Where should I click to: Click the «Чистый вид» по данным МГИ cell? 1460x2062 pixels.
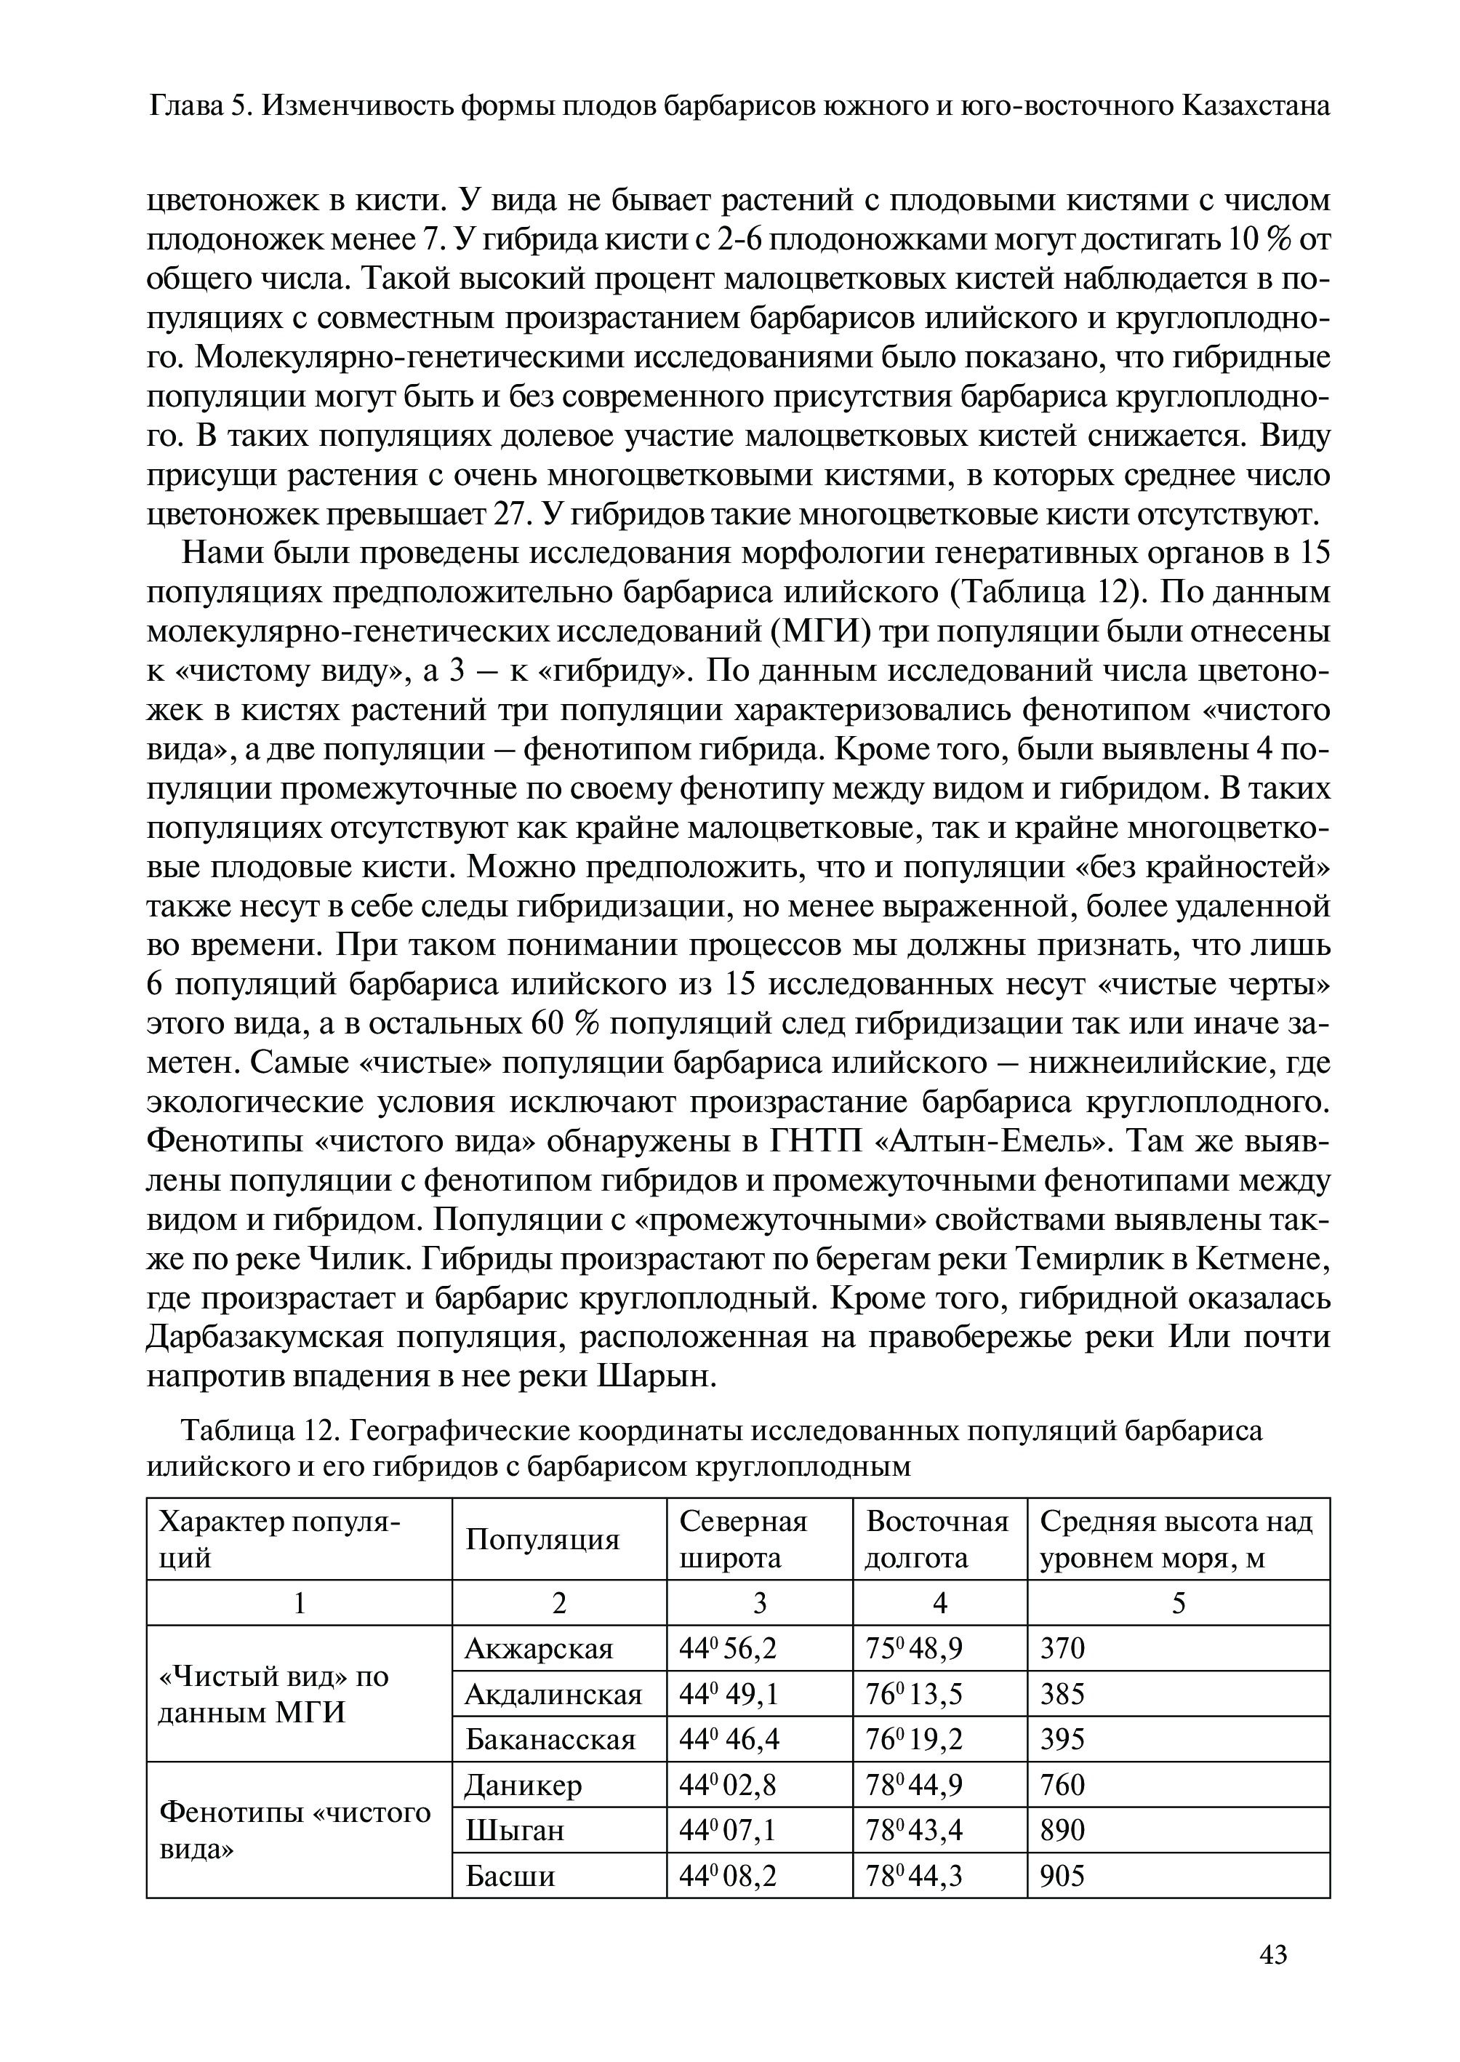point(274,1694)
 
